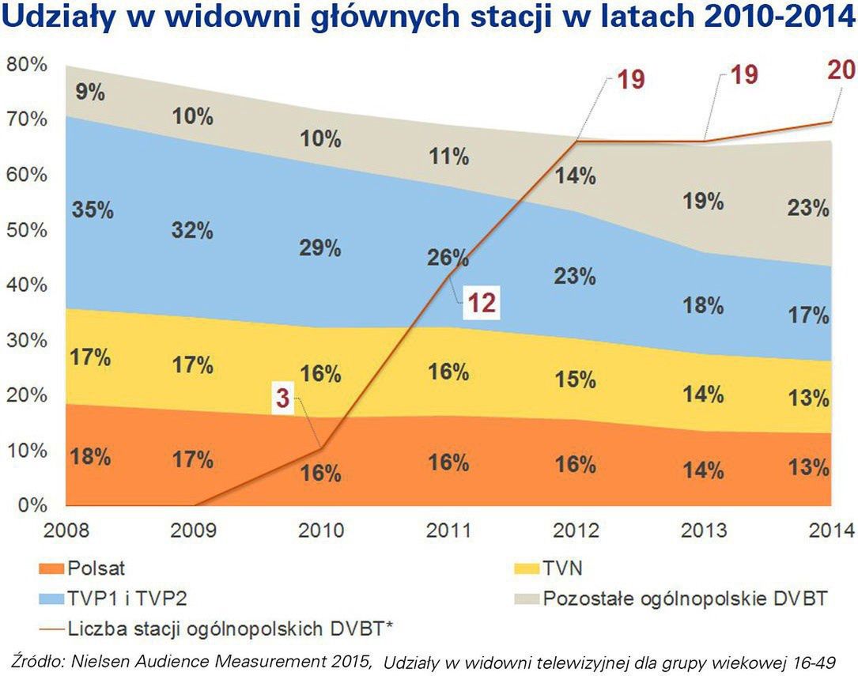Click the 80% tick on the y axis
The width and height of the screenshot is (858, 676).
coord(26,65)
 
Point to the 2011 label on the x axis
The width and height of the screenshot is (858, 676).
coord(448,529)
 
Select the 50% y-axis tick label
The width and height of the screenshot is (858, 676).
coord(26,230)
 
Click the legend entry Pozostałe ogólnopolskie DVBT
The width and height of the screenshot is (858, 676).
coord(685,598)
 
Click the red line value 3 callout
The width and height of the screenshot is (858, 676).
coord(282,399)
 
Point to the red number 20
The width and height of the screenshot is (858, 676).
coord(841,70)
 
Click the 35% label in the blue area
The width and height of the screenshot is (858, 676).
coord(92,210)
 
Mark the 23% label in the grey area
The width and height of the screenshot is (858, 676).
coord(808,209)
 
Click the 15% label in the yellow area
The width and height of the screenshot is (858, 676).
coord(575,380)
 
